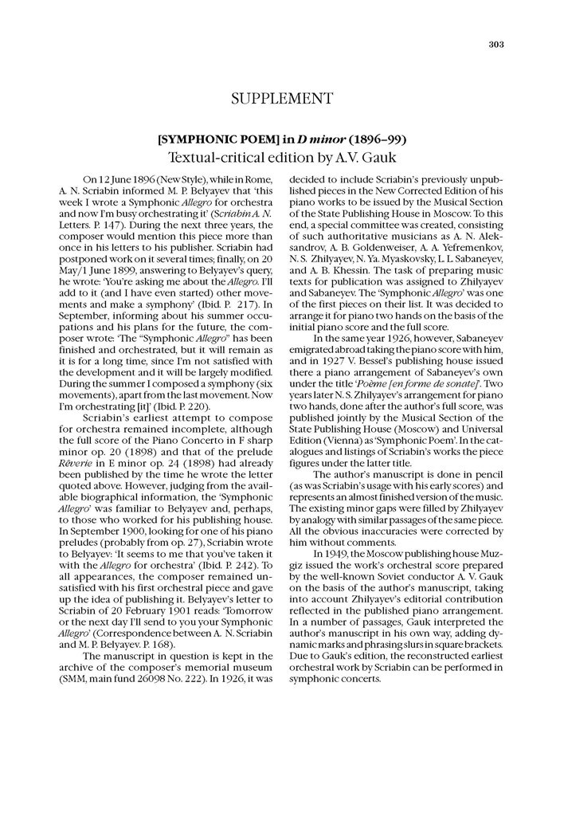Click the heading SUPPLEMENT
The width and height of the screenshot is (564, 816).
pyautogui.click(x=281, y=99)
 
